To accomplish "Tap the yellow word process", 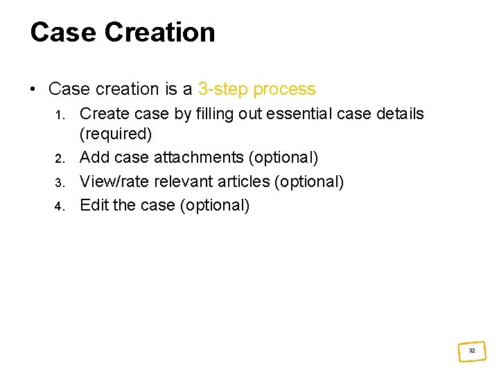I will click(284, 89).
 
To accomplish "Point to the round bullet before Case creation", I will click(33, 89).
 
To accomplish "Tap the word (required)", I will click(116, 134).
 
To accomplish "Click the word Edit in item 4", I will click(93, 205).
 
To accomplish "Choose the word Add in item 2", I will click(95, 158).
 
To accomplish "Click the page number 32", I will click(472, 351).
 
